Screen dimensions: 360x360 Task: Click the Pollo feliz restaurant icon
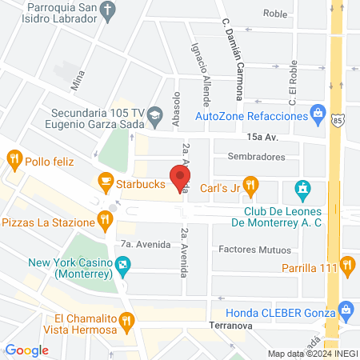coord(14,159)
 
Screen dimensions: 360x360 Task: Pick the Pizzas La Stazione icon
coord(103,218)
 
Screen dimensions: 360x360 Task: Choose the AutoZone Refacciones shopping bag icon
coord(318,111)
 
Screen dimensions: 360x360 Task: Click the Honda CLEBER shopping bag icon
coord(346,309)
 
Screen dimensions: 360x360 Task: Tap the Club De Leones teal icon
coord(302,190)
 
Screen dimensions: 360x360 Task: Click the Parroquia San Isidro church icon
coord(110,9)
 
